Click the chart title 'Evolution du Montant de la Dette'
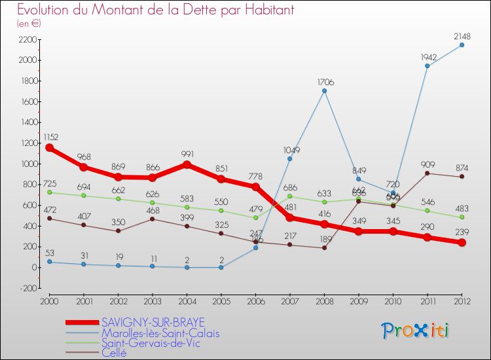pyautogui.click(x=155, y=10)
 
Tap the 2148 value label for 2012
pyautogui.click(x=462, y=36)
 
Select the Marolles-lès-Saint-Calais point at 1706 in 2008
pyautogui.click(x=324, y=90)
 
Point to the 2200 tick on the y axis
pyautogui.click(x=27, y=39)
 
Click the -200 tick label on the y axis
pyautogui.click(x=27, y=288)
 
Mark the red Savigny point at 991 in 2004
pyautogui.click(x=187, y=164)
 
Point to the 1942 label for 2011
pyautogui.click(x=427, y=58)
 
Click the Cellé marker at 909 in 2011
pyautogui.click(x=427, y=173)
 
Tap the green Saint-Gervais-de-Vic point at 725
pyautogui.click(x=49, y=192)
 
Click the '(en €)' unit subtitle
pyautogui.click(x=29, y=24)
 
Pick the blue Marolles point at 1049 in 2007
pyautogui.click(x=289, y=158)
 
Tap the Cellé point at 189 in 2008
pyautogui.click(x=324, y=247)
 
